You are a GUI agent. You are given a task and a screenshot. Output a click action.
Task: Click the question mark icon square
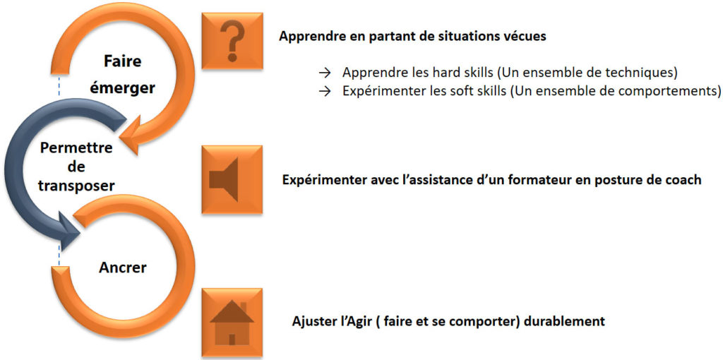232,41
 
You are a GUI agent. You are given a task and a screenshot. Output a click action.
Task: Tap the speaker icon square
232,179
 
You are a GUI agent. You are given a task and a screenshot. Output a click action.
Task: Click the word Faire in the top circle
122,62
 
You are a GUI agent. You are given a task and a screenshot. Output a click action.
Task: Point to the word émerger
126,88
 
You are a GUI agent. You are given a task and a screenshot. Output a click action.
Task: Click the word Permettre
76,148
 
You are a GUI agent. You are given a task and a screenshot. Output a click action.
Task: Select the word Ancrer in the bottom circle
122,267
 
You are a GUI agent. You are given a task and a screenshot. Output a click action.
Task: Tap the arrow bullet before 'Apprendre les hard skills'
325,73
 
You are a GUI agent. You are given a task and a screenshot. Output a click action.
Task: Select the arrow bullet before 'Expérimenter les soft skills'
325,91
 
